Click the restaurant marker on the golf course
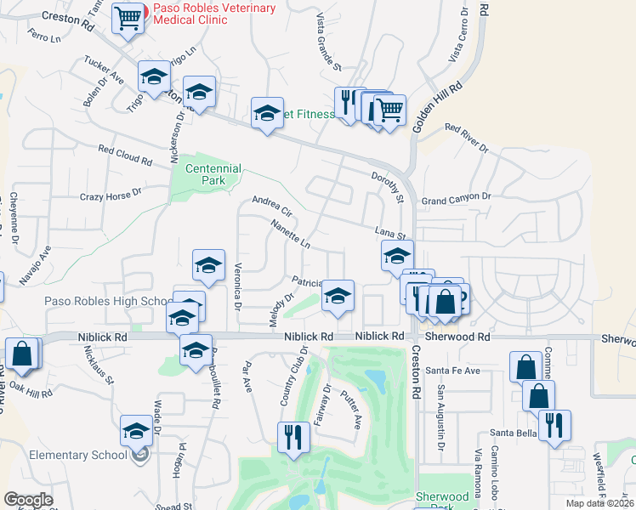(293, 438)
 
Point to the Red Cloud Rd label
(124, 155)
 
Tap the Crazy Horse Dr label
(110, 195)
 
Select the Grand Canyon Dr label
(457, 198)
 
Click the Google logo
(28, 500)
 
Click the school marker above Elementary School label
(136, 432)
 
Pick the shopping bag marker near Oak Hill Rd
(22, 354)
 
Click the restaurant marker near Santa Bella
(554, 425)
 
